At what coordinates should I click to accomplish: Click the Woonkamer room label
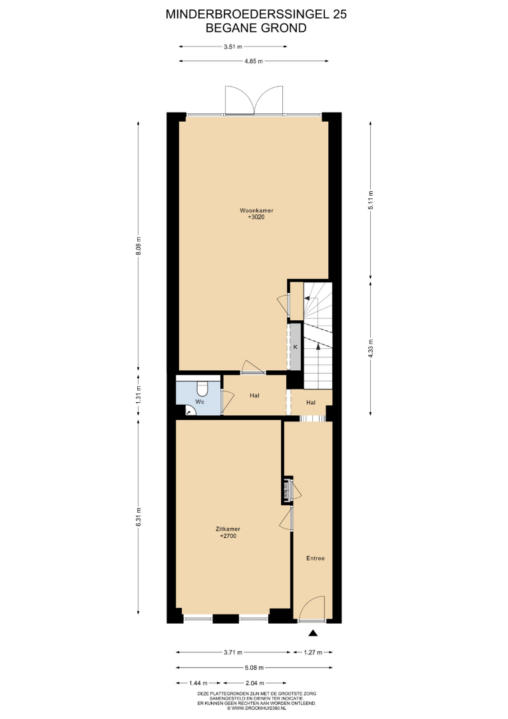pyautogui.click(x=257, y=211)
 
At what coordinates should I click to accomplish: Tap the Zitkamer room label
pyautogui.click(x=228, y=529)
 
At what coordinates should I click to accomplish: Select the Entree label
pyautogui.click(x=316, y=558)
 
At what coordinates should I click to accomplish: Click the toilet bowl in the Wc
pyautogui.click(x=202, y=389)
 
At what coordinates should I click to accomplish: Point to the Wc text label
pyautogui.click(x=200, y=401)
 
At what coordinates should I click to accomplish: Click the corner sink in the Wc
pyautogui.click(x=190, y=411)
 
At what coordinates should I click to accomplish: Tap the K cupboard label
pyautogui.click(x=295, y=347)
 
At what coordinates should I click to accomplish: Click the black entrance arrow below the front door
pyautogui.click(x=313, y=633)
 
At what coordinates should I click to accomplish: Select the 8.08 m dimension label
pyautogui.click(x=138, y=248)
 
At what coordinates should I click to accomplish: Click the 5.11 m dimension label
pyautogui.click(x=371, y=200)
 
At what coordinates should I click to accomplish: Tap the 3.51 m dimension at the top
pyautogui.click(x=233, y=47)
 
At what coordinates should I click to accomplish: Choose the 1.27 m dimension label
pyautogui.click(x=313, y=652)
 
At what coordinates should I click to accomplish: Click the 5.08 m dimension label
pyautogui.click(x=254, y=668)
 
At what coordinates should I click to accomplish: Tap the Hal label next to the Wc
pyautogui.click(x=254, y=395)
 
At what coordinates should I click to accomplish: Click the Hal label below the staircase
pyautogui.click(x=311, y=403)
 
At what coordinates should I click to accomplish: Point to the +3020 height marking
pyautogui.click(x=256, y=217)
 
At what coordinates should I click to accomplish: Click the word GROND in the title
pyautogui.click(x=283, y=28)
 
